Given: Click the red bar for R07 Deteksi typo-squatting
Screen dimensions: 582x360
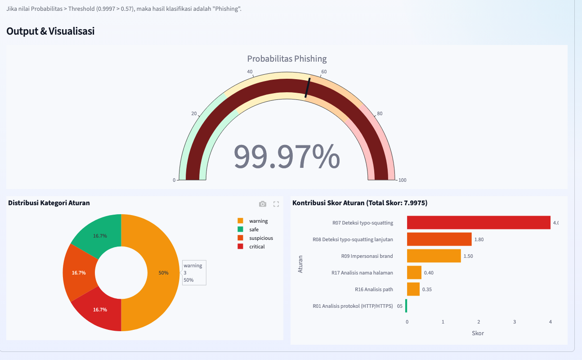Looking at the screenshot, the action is pyautogui.click(x=479, y=222).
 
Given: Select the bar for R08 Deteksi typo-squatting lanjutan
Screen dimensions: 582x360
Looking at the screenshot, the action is pyautogui.click(x=439, y=239).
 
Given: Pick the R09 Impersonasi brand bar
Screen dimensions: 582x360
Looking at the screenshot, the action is pyautogui.click(x=434, y=256).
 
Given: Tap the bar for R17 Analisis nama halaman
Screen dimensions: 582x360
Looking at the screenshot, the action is pyautogui.click(x=414, y=272).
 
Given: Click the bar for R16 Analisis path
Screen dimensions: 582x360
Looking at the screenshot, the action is pyautogui.click(x=413, y=289).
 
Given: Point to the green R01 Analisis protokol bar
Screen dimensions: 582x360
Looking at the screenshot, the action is pyautogui.click(x=406, y=306).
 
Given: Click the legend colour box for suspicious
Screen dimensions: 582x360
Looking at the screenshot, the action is pyautogui.click(x=240, y=238).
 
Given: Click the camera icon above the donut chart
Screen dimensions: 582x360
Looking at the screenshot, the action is pyautogui.click(x=262, y=204).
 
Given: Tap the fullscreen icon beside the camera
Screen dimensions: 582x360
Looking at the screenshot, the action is pyautogui.click(x=276, y=204).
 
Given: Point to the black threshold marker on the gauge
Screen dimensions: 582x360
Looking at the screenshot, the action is pyautogui.click(x=307, y=88).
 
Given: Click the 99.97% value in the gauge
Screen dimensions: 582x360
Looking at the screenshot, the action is pyautogui.click(x=287, y=157).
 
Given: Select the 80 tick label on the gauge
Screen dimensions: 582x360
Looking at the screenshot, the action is pyautogui.click(x=380, y=113).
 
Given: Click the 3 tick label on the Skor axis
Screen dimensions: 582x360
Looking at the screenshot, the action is pyautogui.click(x=515, y=322).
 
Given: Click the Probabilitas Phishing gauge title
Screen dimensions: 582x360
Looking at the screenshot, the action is pyautogui.click(x=287, y=59).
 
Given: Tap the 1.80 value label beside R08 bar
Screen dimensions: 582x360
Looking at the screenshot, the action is pyautogui.click(x=479, y=239).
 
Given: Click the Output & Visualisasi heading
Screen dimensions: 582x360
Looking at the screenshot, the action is pyautogui.click(x=50, y=31).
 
